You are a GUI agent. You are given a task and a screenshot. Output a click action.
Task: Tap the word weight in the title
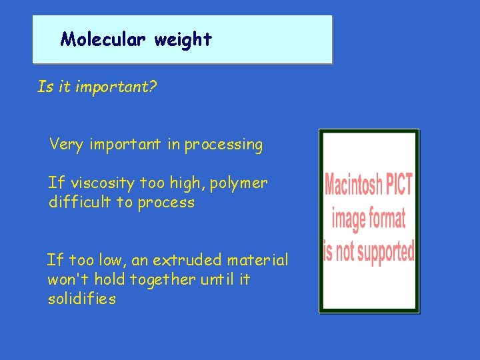[x=183, y=40]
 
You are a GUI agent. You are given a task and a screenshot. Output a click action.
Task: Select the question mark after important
[x=153, y=87]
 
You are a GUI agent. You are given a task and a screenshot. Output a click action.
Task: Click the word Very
[x=66, y=144]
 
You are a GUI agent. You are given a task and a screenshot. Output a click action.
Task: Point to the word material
[x=258, y=260]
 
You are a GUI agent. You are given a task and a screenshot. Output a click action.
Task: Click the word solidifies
[x=81, y=299]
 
